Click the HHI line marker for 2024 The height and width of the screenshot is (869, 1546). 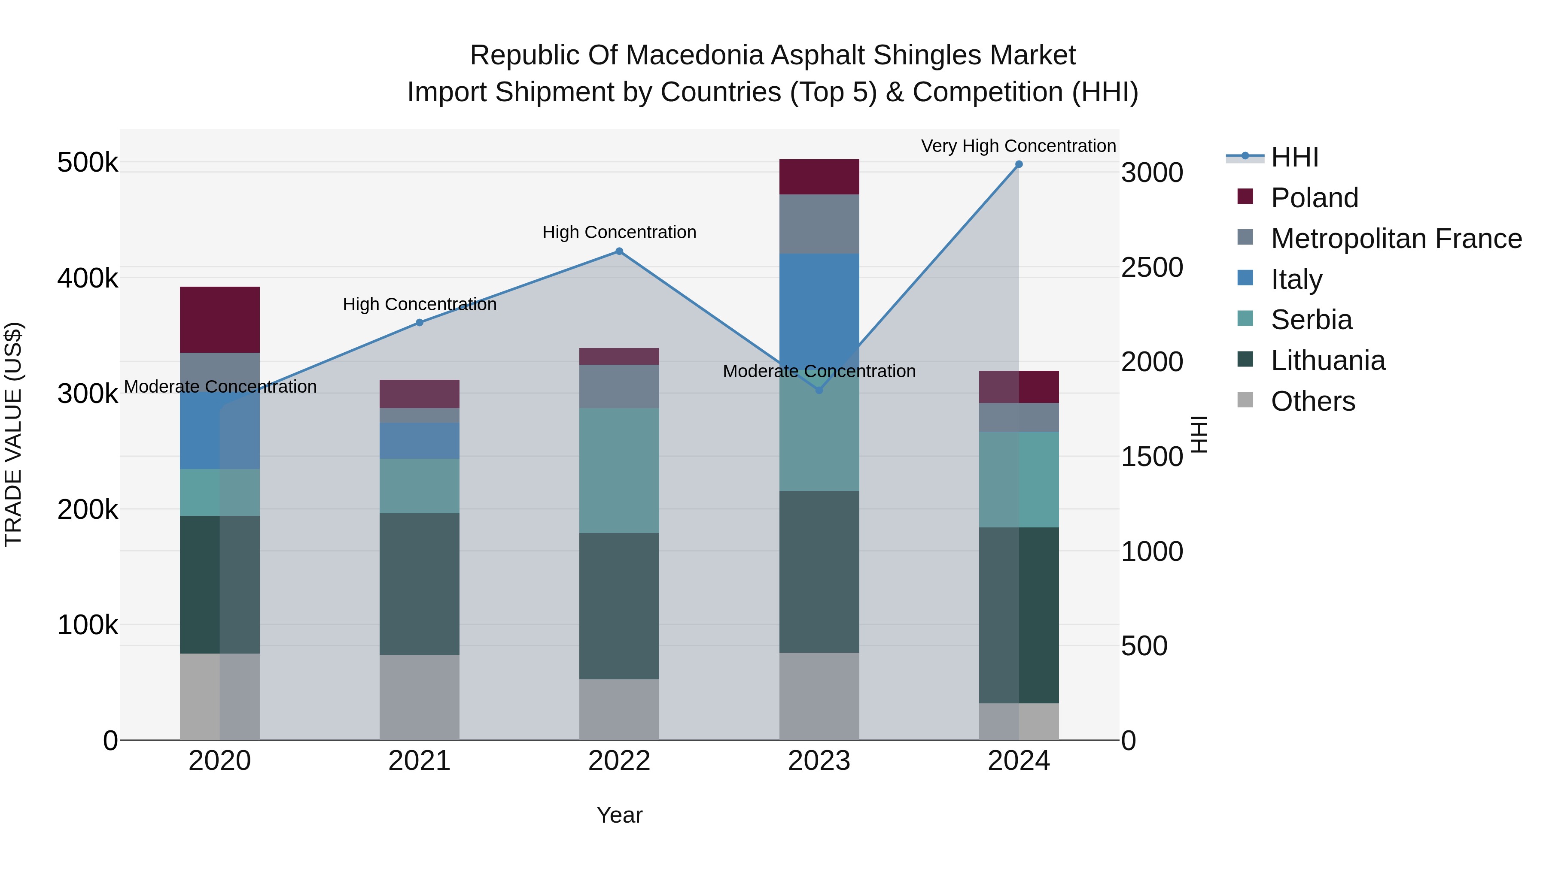pos(1019,164)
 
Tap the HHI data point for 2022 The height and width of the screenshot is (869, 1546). pos(619,251)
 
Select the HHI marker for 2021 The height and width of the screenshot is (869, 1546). pos(420,323)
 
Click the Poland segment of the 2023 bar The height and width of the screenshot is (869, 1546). pos(819,177)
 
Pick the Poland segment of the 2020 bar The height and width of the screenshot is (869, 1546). pos(219,320)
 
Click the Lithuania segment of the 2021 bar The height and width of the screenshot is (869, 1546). pos(420,584)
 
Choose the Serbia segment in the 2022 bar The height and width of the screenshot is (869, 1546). pos(619,470)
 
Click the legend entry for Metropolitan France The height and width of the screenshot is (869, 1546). pos(1396,239)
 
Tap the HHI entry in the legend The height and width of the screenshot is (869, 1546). pos(1294,157)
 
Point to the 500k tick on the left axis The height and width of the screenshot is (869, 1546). pos(88,163)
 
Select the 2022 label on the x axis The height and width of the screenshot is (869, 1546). pos(619,761)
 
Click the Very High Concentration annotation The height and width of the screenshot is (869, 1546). pos(1019,146)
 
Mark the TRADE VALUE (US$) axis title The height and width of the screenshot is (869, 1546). pos(13,434)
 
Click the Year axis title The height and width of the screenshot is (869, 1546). pos(619,815)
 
